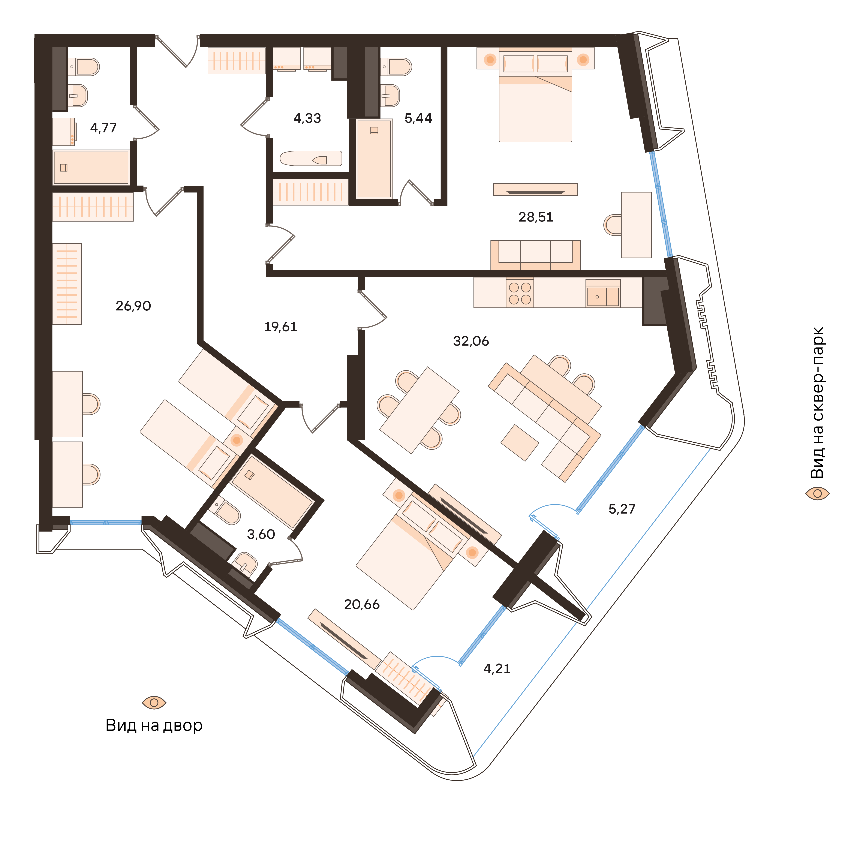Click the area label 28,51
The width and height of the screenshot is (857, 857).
535,217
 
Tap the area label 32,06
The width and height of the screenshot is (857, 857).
471,341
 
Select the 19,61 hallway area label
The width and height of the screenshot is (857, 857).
280,327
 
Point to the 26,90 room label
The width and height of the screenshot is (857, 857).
133,306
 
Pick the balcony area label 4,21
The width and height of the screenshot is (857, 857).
497,668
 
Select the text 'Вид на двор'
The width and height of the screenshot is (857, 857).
154,725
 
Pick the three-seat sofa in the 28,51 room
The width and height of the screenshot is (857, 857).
535,255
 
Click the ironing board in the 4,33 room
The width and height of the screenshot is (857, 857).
310,158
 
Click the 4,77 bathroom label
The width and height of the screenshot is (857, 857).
103,128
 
